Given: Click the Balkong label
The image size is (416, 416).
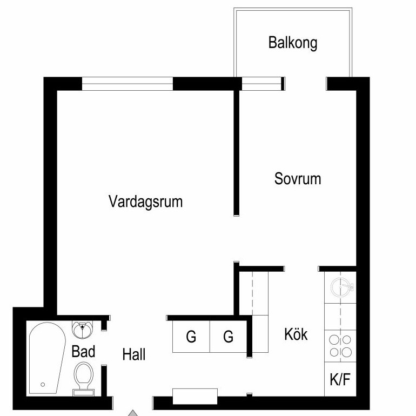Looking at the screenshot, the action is [293, 43].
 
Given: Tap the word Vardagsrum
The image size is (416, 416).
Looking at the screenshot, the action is [146, 202].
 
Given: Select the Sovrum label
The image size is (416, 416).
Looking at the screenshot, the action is [298, 178].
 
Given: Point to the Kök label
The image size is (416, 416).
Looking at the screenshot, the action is [296, 334].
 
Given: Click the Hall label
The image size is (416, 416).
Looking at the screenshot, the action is [134, 354].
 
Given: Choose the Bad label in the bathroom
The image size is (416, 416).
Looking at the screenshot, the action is [83, 351].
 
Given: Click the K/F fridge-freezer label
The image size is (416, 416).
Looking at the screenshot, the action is [340, 379].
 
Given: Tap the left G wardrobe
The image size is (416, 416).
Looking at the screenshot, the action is [191, 337].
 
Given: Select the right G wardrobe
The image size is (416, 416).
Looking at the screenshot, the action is [229, 337].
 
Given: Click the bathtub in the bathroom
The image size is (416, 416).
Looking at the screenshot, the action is [46, 358].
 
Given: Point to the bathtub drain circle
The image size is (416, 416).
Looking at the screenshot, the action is [43, 385].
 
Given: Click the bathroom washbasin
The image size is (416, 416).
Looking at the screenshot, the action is [83, 329].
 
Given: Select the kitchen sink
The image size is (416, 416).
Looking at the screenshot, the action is [342, 287].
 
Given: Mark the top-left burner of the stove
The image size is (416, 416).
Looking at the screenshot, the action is [334, 340].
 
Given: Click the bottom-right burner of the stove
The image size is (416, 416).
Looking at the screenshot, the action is [346, 352].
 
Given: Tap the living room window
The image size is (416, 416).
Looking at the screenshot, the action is [128, 84].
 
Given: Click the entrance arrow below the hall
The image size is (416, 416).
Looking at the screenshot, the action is [133, 413].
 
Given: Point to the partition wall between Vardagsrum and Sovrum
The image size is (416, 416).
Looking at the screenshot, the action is [237, 153].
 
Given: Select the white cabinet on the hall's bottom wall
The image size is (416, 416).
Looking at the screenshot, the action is [195, 397].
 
